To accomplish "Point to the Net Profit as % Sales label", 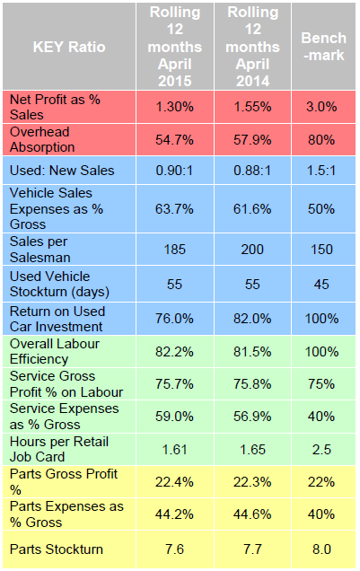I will point(54,106).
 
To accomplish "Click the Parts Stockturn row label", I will point(49,549).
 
